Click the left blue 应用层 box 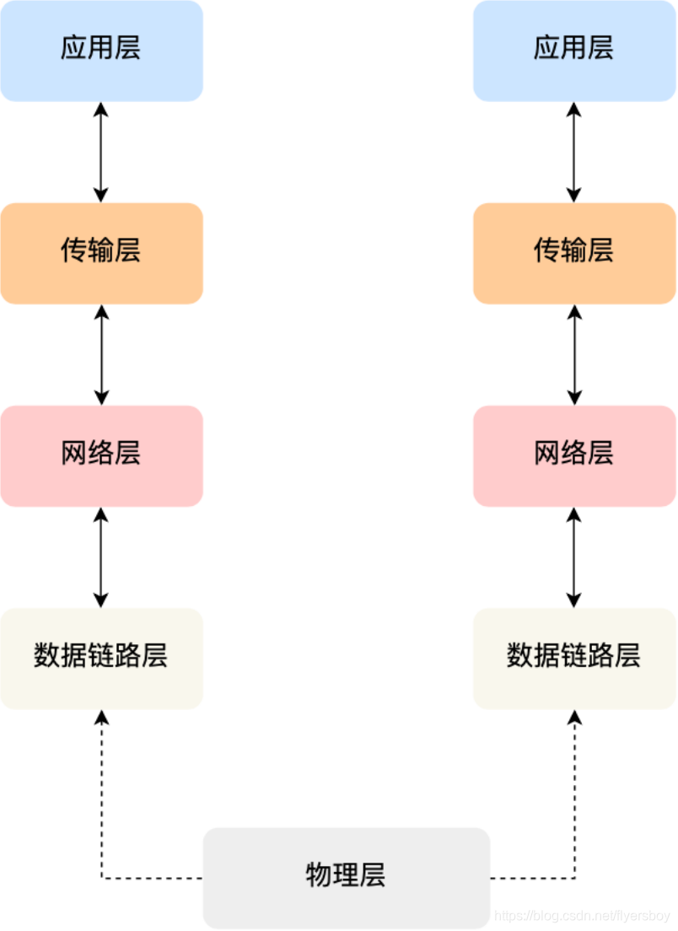pyautogui.click(x=101, y=51)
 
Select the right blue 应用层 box pyautogui.click(x=574, y=51)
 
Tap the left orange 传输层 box pyautogui.click(x=101, y=253)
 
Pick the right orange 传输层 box pyautogui.click(x=574, y=253)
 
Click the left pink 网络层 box pyautogui.click(x=101, y=455)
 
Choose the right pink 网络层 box pyautogui.click(x=574, y=455)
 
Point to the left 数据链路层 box pyautogui.click(x=101, y=658)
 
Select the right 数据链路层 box pyautogui.click(x=574, y=658)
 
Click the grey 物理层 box pyautogui.click(x=346, y=877)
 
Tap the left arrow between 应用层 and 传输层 pyautogui.click(x=101, y=152)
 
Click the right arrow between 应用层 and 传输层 pyautogui.click(x=574, y=152)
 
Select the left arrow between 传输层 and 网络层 pyautogui.click(x=101, y=354)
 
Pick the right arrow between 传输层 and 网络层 pyautogui.click(x=574, y=354)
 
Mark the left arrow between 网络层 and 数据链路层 pyautogui.click(x=101, y=557)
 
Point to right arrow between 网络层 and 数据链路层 pyautogui.click(x=574, y=557)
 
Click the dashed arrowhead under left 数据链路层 pyautogui.click(x=102, y=717)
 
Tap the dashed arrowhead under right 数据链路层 pyautogui.click(x=575, y=717)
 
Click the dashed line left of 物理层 pyautogui.click(x=152, y=878)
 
